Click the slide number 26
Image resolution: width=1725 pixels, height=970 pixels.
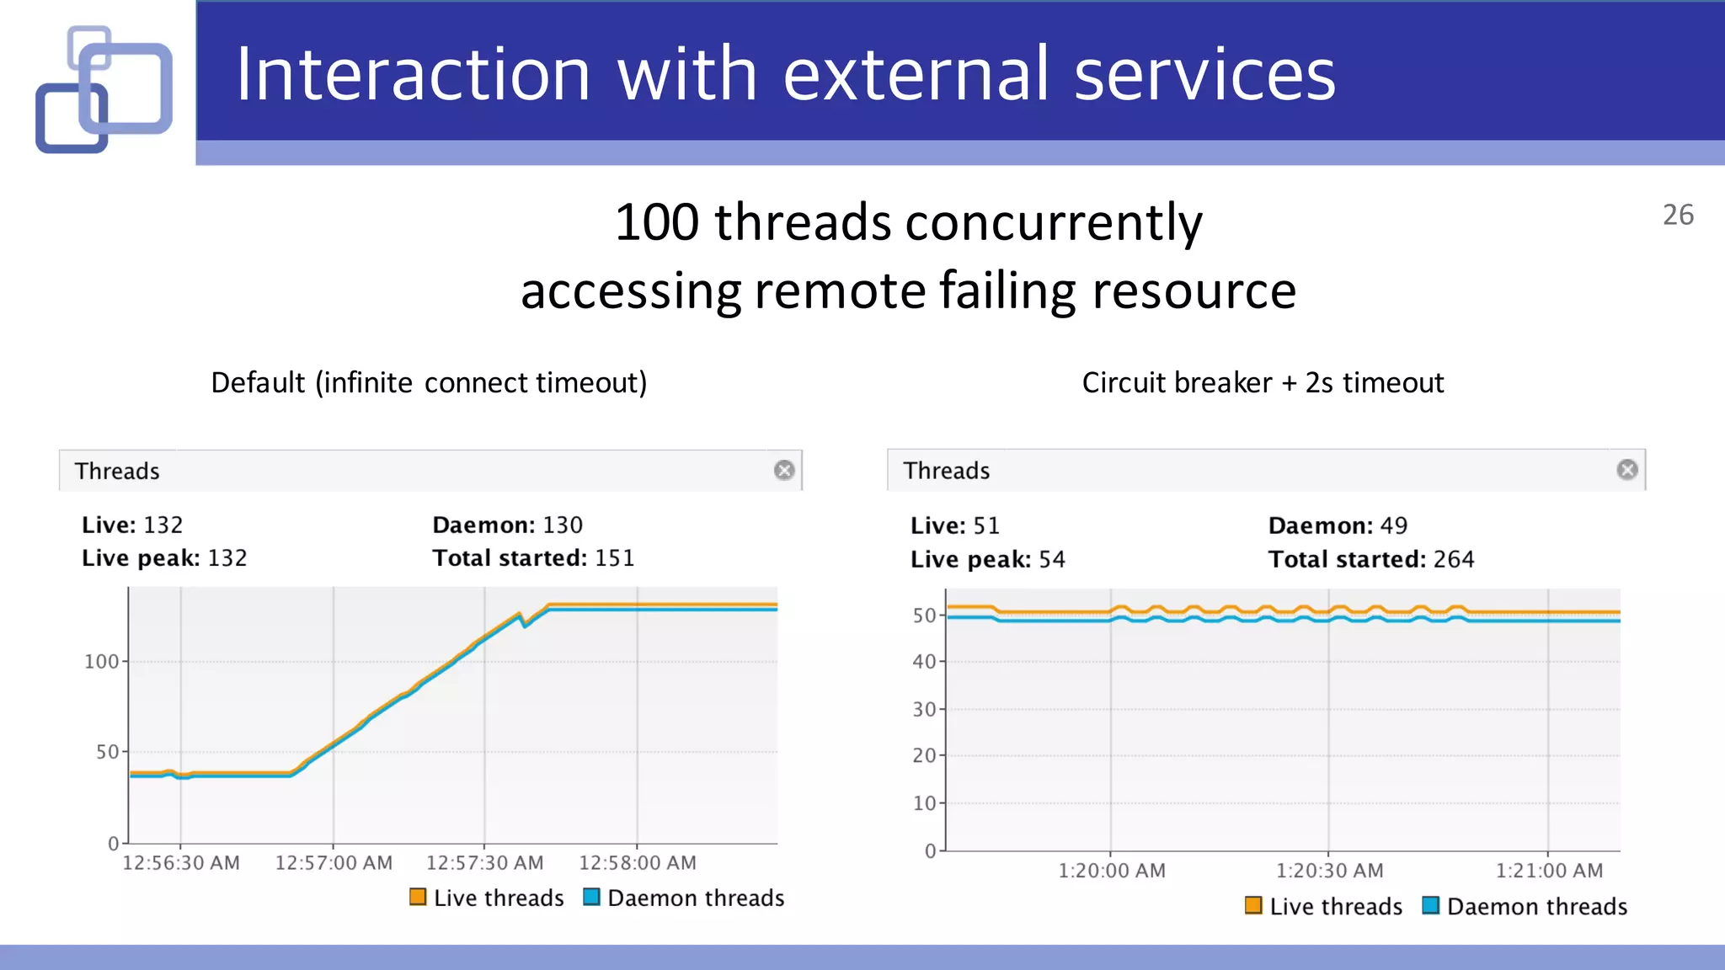[x=1677, y=215]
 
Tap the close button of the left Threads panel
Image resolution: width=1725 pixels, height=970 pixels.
[x=783, y=470]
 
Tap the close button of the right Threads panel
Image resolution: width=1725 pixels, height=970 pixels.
[x=1626, y=469]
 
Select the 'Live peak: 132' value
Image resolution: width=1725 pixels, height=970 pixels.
[x=164, y=557]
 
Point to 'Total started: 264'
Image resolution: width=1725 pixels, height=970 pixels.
[x=1370, y=559]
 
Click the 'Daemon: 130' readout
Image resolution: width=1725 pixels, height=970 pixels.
[x=507, y=525]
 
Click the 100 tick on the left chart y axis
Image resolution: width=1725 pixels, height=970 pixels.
[x=101, y=662]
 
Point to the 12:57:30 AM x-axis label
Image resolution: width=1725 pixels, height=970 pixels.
[x=484, y=862]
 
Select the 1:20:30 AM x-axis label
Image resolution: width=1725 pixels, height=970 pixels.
[x=1329, y=871]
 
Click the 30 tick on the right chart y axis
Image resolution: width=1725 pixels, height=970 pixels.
[x=924, y=709]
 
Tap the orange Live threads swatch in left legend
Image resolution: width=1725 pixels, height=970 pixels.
[x=418, y=897]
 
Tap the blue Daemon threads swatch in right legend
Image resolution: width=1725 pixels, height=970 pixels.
[x=1430, y=905]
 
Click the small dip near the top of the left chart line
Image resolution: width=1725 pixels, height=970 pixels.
[x=525, y=624]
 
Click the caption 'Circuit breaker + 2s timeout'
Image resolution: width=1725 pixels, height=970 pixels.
[x=1263, y=382]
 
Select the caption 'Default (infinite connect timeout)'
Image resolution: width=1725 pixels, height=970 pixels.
[x=429, y=382]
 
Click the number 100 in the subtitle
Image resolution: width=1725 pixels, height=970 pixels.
[x=657, y=222]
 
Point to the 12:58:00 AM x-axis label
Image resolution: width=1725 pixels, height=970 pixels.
[x=637, y=862]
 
